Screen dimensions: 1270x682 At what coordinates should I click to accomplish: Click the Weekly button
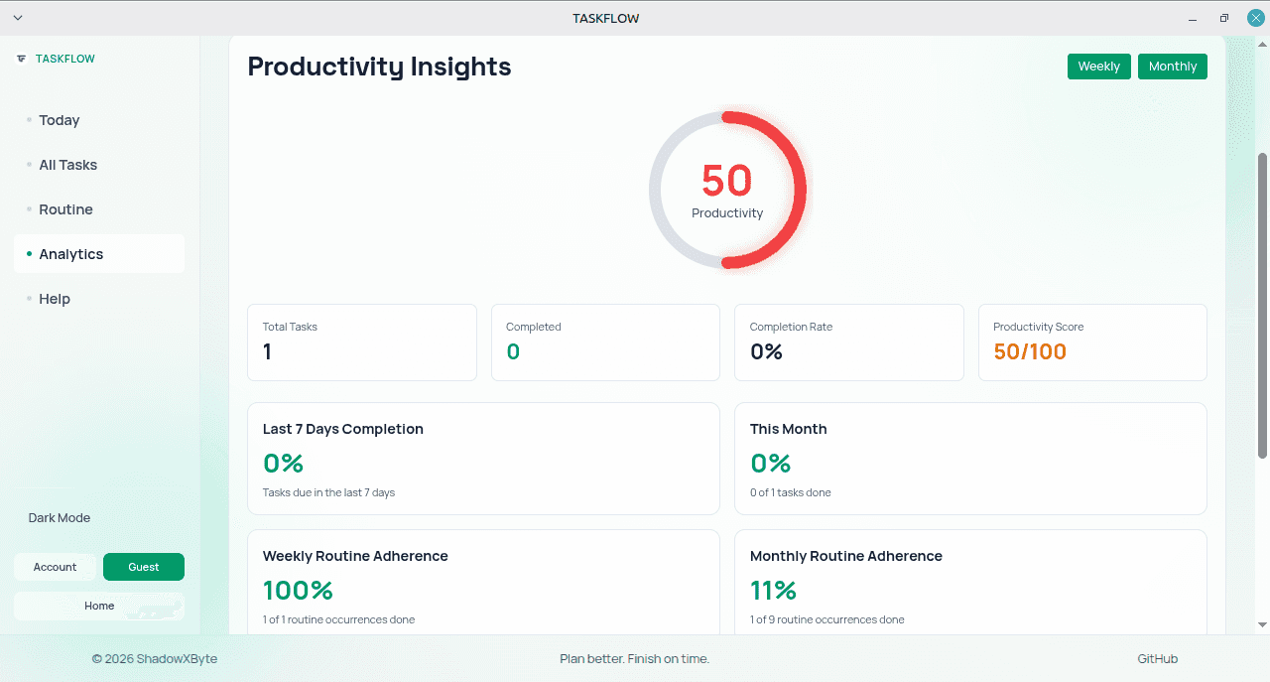point(1098,67)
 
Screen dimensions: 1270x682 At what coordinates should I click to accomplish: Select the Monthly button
point(1173,67)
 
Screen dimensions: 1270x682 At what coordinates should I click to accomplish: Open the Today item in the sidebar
point(59,120)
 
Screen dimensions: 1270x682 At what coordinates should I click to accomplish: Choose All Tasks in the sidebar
point(68,165)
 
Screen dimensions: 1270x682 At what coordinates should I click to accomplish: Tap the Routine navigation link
point(65,209)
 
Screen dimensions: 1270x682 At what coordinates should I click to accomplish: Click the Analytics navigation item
point(70,254)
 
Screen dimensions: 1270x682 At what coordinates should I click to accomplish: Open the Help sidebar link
point(55,299)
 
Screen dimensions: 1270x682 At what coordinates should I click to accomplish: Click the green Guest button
point(144,567)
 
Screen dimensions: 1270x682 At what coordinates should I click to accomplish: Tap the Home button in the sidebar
point(99,606)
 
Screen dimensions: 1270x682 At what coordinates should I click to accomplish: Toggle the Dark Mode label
point(60,518)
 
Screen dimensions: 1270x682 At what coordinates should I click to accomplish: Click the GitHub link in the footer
point(1157,659)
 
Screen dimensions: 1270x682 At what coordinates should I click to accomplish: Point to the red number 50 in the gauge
point(727,181)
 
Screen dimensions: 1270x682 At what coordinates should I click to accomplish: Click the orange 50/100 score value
point(1030,351)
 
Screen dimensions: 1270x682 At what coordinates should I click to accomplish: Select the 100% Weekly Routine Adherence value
point(298,590)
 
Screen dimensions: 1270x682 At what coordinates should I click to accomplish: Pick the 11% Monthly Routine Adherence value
point(773,590)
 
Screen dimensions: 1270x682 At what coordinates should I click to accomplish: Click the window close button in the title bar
point(1255,18)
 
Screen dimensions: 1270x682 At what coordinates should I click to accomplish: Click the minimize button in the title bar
point(1193,19)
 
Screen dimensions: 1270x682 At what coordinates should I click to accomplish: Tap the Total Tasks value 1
point(267,351)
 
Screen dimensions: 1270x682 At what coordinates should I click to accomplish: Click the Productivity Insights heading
point(379,67)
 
